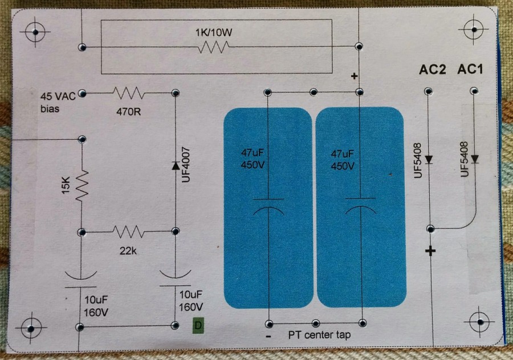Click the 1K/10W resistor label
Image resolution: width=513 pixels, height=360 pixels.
[214, 34]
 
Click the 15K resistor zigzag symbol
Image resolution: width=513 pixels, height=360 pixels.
[82, 185]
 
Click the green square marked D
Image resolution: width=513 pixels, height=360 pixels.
[198, 325]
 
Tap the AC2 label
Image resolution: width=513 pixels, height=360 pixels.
[432, 70]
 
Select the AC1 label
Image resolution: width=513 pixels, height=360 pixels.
[470, 69]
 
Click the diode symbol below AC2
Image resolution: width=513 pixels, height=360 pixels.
[428, 159]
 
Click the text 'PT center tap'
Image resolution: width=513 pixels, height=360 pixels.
[319, 335]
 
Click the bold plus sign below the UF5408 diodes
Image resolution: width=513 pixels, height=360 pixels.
[430, 251]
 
